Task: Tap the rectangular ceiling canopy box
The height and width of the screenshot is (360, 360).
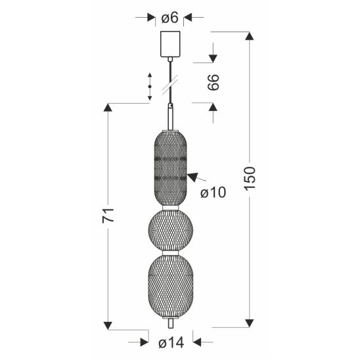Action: pyautogui.click(x=171, y=45)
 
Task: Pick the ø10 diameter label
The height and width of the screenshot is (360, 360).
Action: pyautogui.click(x=214, y=192)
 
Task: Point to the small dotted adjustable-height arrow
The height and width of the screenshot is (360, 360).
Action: pyautogui.click(x=150, y=87)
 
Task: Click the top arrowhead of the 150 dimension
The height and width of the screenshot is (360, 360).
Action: pyautogui.click(x=250, y=36)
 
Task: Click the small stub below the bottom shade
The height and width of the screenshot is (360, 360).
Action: pyautogui.click(x=171, y=325)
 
